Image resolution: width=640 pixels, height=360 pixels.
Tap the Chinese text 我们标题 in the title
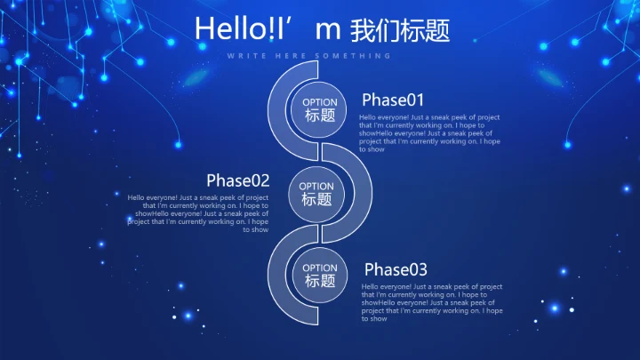point(400,30)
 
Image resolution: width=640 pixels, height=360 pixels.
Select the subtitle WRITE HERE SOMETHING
point(309,56)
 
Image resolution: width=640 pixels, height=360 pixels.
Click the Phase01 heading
point(393,100)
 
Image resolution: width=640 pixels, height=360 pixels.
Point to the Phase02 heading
point(237,180)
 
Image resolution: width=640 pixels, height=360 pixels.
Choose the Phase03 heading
point(396,269)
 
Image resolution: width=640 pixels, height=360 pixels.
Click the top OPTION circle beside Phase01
point(320,110)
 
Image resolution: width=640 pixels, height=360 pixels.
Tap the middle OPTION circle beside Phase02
point(317,194)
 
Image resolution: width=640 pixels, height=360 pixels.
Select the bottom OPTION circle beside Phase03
point(320,275)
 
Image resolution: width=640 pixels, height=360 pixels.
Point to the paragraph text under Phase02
point(198,213)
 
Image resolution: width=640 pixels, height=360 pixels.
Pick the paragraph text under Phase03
point(432,302)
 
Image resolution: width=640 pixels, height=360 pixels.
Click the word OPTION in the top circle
point(320,102)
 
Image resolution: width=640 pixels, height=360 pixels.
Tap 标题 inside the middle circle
point(317,200)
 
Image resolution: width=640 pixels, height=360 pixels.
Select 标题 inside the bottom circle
point(320,281)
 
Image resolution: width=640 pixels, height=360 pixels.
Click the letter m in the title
point(328,30)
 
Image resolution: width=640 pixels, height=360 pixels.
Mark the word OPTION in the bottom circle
point(320,268)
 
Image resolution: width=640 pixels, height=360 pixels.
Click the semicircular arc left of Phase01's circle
point(276,107)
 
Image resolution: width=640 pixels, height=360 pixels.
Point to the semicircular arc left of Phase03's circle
point(276,276)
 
